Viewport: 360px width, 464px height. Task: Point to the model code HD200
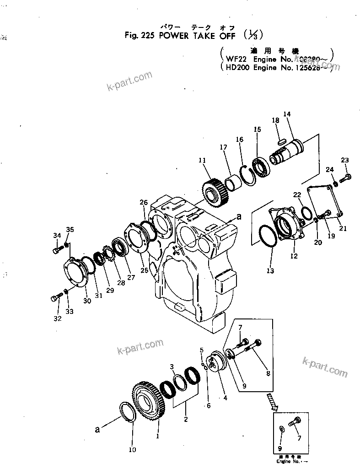[237, 67]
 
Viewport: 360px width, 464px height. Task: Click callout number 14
[287, 114]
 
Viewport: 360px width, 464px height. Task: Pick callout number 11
[202, 160]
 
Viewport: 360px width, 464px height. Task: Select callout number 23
[344, 160]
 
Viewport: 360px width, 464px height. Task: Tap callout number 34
[57, 236]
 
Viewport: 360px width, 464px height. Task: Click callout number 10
[132, 449]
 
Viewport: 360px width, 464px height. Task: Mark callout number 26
[144, 202]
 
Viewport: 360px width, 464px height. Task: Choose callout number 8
[268, 373]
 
